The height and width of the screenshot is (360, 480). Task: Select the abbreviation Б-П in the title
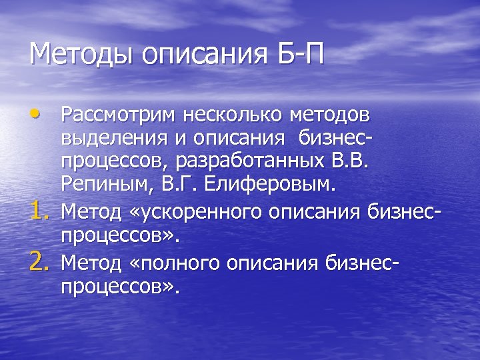pyautogui.click(x=299, y=53)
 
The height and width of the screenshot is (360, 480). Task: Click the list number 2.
pyautogui.click(x=41, y=249)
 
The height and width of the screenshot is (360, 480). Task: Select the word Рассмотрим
pyautogui.click(x=118, y=115)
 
